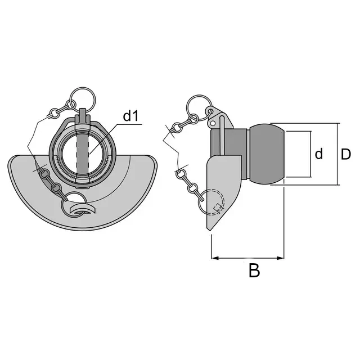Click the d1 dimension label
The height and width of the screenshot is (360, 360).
pos(131,116)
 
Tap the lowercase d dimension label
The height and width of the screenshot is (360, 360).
pos(319,154)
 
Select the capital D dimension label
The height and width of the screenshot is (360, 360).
pos(346,154)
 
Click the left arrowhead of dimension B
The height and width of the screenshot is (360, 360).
pos(214,258)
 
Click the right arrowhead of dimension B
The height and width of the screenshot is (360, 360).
pos(281,258)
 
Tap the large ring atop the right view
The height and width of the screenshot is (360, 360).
pos(199,107)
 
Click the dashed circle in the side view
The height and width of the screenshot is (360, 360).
pos(214,202)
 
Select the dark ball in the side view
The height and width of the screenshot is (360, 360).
pos(267,154)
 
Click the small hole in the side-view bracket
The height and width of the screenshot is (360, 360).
pos(213,123)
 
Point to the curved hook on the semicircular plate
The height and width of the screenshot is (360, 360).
pos(83,209)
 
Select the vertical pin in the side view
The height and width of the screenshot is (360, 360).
pos(222,136)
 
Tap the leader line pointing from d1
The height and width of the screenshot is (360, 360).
pos(103,139)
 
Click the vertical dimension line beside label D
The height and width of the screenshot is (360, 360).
pos(337,154)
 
